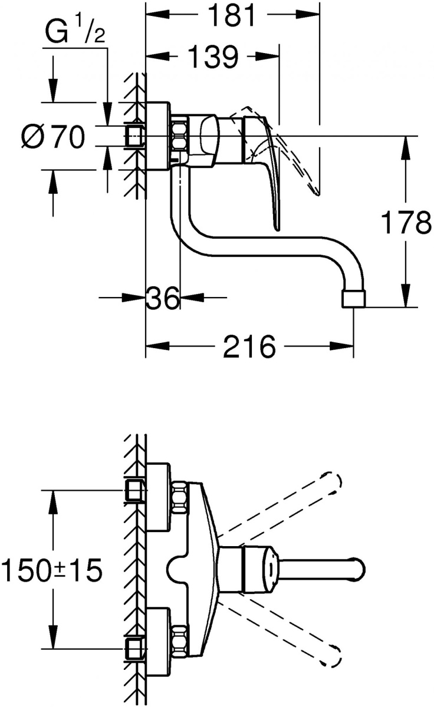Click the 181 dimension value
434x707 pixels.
[233, 15]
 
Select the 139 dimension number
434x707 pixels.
[212, 57]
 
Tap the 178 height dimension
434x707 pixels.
[406, 223]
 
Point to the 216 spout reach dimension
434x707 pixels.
[249, 346]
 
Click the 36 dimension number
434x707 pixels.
[163, 298]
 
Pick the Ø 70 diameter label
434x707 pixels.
[54, 137]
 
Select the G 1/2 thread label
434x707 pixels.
[74, 32]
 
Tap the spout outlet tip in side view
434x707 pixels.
[354, 299]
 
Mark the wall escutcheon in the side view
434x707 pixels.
[157, 136]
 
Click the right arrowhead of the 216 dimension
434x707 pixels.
[342, 346]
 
